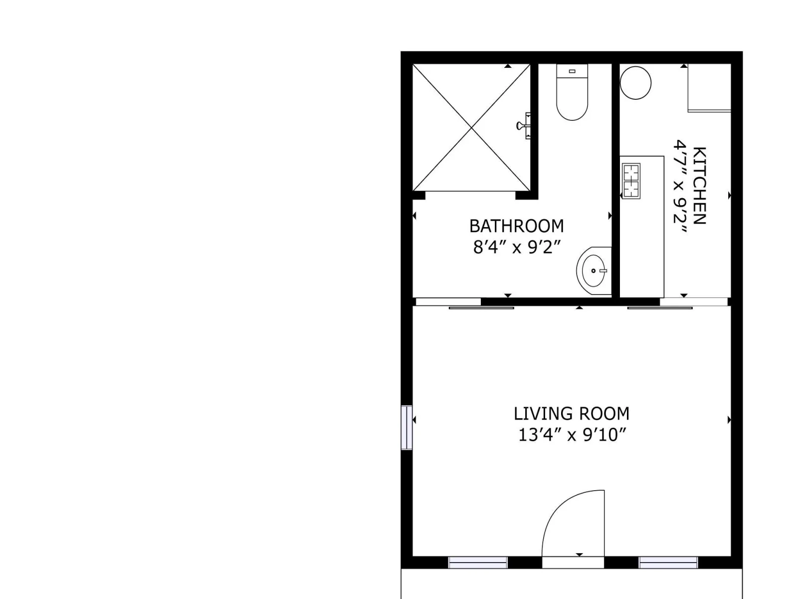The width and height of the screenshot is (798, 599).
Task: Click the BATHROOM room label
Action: click(516, 226)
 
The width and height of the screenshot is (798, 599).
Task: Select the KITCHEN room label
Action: click(699, 186)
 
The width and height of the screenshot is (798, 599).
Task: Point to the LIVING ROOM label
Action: click(572, 413)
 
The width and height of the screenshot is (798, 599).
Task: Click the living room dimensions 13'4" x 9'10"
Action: click(572, 435)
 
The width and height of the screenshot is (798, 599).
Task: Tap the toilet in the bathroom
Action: click(572, 92)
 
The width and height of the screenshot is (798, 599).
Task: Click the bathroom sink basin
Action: click(594, 271)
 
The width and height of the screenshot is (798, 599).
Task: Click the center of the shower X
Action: click(471, 128)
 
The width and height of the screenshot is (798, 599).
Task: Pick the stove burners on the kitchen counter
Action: click(631, 181)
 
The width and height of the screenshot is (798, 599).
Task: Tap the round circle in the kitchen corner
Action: click(635, 83)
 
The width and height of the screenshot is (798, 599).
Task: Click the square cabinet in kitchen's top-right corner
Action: click(709, 88)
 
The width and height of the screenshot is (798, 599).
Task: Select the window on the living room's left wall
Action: click(407, 428)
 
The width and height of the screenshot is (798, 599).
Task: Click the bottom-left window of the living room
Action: click(478, 562)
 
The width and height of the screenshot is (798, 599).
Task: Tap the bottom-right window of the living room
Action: click(668, 562)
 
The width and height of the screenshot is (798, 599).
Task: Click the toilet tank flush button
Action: click(572, 71)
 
